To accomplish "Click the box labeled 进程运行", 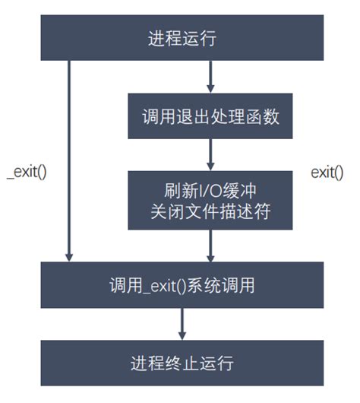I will coord(181,37).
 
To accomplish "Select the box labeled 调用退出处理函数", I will coord(210,118).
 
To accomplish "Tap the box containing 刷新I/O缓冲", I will coord(210,199).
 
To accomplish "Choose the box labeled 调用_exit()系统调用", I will coord(181,285).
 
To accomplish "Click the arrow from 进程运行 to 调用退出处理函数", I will coord(210,76).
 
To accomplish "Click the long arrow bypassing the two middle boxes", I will coord(70,160).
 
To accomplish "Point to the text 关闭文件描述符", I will coord(210,212).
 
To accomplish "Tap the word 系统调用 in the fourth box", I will coord(227,286).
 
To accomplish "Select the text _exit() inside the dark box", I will coord(169,286).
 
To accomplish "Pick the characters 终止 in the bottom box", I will coord(181,361).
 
